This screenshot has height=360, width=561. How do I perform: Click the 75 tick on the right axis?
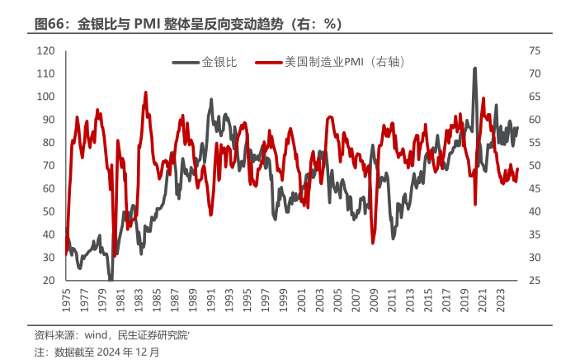click(534, 50)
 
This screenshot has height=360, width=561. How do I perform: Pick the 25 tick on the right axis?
click(534, 281)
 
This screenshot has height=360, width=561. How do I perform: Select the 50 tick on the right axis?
click(534, 166)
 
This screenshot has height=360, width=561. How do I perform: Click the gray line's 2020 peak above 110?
click(474, 69)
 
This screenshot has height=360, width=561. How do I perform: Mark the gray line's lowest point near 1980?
click(111, 279)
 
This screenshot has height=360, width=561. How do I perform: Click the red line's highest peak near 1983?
click(145, 92)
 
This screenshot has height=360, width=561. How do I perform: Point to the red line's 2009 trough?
click(373, 243)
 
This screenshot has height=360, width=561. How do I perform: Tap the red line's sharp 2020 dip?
click(475, 204)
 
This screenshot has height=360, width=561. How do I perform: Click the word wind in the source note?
click(87, 334)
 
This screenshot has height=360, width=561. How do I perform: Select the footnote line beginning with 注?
click(97, 351)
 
